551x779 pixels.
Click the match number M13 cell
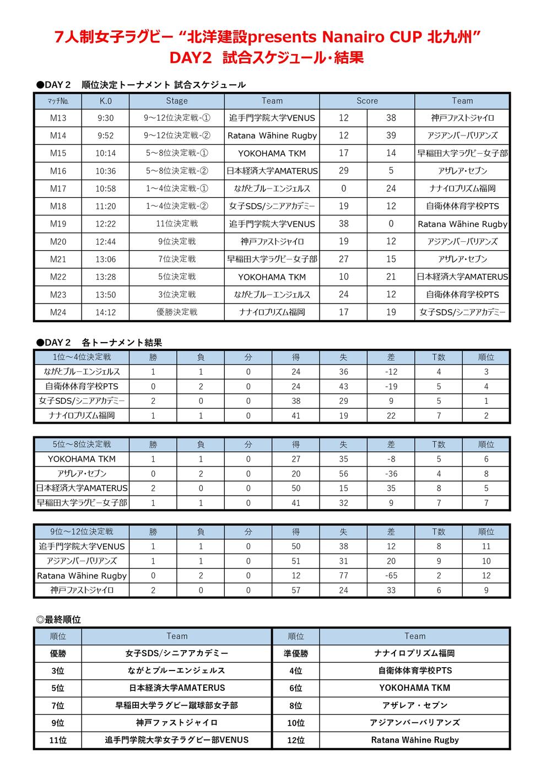point(58,118)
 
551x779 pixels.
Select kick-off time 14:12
point(105,312)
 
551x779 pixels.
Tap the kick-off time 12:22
point(105,224)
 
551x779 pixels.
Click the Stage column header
point(177,101)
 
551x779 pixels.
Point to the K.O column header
point(105,101)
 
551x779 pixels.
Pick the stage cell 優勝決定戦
point(177,312)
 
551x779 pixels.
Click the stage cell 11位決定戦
point(177,224)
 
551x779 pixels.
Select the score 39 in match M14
point(391,136)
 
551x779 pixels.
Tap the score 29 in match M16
point(344,171)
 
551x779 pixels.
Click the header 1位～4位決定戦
point(82,357)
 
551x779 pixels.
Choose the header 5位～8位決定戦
point(82,445)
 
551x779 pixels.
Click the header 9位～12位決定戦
point(82,532)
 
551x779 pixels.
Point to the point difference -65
point(391,576)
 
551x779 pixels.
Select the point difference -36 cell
point(391,474)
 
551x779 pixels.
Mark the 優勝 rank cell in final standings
point(58,653)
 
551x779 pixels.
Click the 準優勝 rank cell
point(296,653)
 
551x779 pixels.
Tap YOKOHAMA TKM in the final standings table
point(414,688)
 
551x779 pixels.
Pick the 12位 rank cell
point(296,740)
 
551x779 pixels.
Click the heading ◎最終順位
point(58,620)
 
